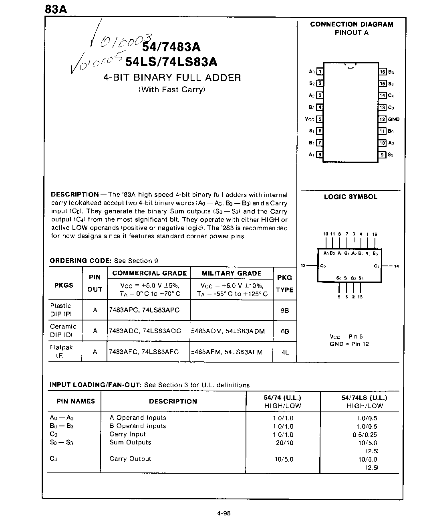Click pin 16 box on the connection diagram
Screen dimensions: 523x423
[383, 72]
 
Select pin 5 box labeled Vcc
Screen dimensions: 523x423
[319, 119]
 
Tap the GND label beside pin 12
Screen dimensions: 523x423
[394, 119]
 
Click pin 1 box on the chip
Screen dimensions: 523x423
[320, 72]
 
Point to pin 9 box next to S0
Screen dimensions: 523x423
[383, 154]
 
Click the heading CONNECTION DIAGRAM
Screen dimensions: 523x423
[351, 24]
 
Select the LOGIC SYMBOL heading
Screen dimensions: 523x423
[350, 197]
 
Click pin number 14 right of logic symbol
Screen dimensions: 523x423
[397, 266]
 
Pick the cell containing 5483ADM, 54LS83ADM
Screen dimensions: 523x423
[228, 331]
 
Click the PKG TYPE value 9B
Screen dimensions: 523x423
[285, 310]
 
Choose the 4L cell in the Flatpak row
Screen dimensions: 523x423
[285, 352]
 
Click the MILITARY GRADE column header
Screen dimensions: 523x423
[232, 274]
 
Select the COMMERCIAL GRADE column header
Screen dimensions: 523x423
[149, 274]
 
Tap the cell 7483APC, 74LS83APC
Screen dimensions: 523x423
[144, 310]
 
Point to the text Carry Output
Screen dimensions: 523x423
[130, 459]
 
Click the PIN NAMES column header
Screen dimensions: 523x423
[76, 401]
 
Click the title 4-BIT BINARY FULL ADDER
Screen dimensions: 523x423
[172, 78]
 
